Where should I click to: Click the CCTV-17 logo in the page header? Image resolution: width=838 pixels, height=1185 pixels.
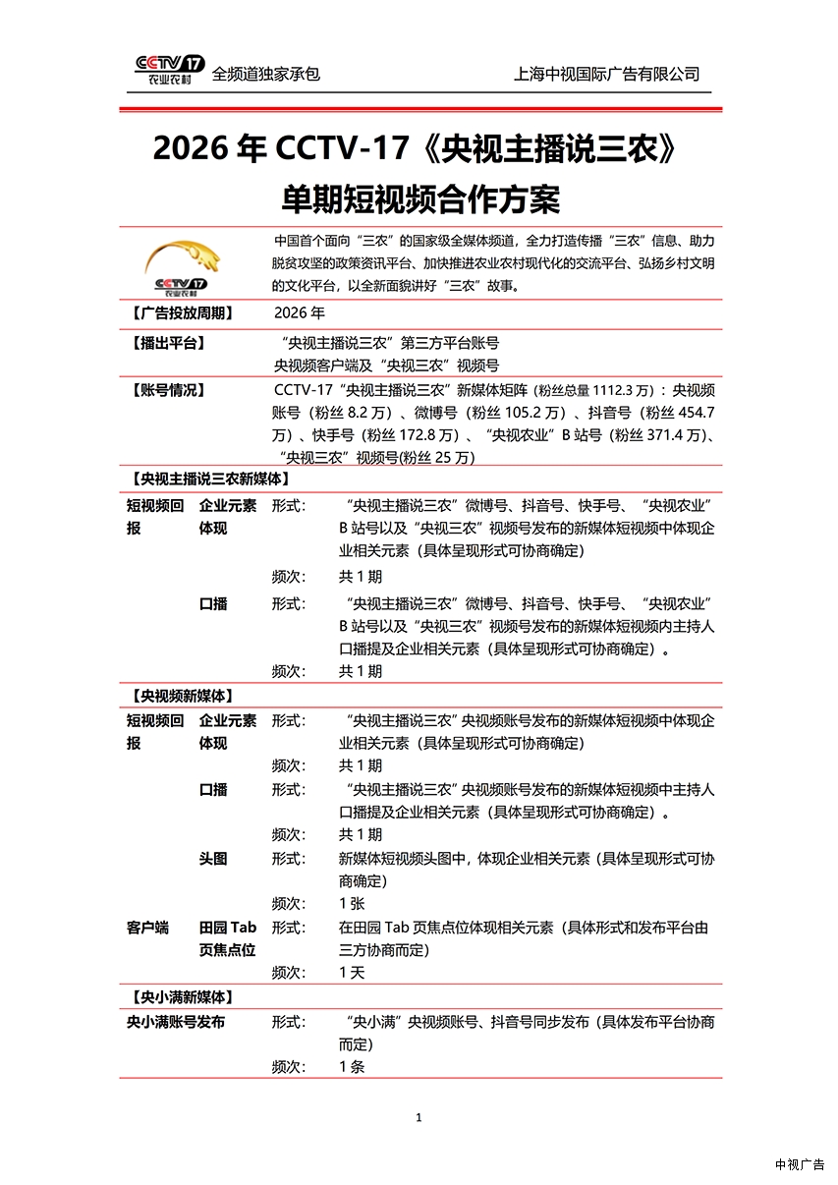coord(169,70)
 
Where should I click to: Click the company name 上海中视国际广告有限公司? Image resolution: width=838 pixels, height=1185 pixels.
coord(606,74)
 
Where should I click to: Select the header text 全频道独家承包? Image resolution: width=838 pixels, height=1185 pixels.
coord(266,74)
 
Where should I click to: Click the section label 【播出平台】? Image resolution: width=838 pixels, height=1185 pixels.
coord(166,343)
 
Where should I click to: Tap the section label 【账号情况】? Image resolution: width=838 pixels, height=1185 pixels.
coord(166,390)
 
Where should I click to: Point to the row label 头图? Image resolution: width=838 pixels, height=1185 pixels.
coord(213,858)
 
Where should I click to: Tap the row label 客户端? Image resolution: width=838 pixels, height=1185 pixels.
coord(148,927)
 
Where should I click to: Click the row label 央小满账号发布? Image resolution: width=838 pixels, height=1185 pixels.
coord(176,1022)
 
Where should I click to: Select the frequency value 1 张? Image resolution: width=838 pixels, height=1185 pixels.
coord(352,903)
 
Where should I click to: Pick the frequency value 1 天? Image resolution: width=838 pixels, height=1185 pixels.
coord(352,973)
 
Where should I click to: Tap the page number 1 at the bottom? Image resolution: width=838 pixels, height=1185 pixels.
coord(419,1117)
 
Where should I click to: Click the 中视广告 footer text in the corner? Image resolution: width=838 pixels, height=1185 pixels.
coord(800,1164)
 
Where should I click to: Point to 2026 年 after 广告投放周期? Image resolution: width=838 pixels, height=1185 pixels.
coord(300,313)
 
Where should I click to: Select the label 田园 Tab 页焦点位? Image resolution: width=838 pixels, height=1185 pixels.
coord(228,938)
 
